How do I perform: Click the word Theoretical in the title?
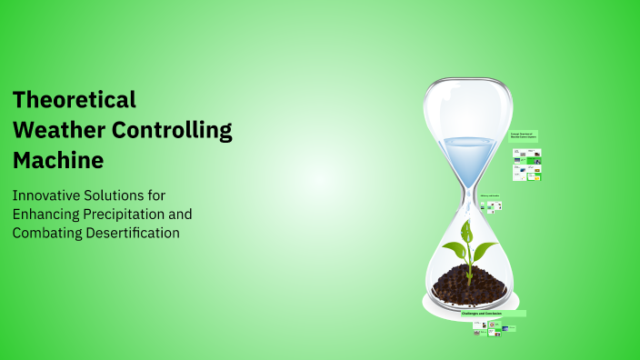click(x=75, y=99)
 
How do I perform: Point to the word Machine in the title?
click(x=58, y=161)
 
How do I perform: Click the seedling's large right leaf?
click(x=484, y=249)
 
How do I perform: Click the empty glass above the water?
click(x=469, y=109)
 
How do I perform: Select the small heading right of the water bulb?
click(x=525, y=135)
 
